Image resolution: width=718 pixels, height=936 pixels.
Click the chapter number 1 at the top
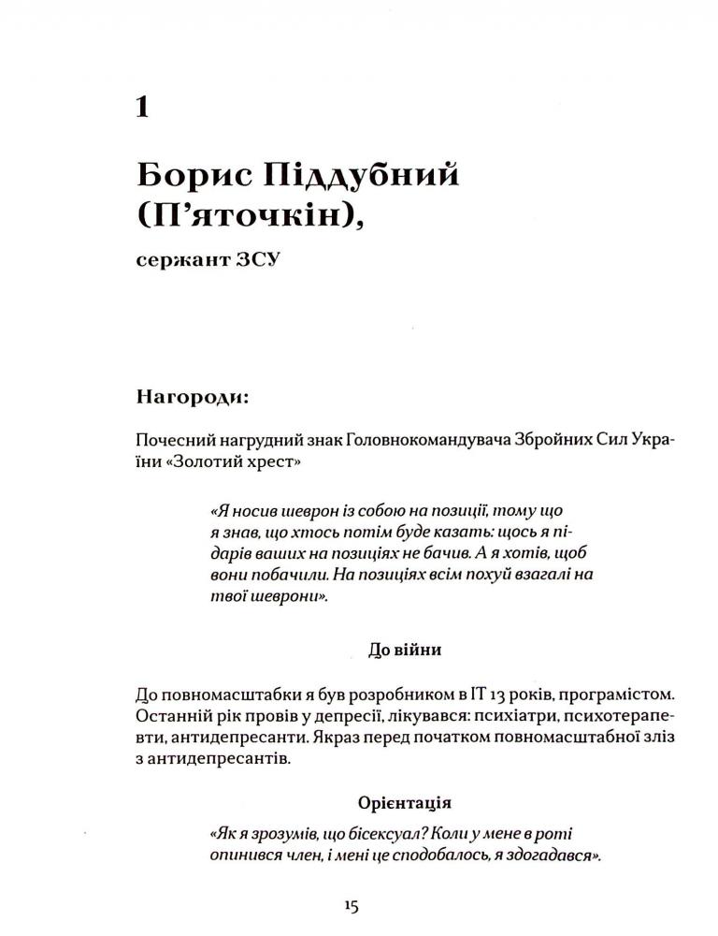tap(141, 105)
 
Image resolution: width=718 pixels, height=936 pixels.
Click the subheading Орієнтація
tap(405, 803)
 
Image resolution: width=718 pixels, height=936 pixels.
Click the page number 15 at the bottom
tap(352, 906)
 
